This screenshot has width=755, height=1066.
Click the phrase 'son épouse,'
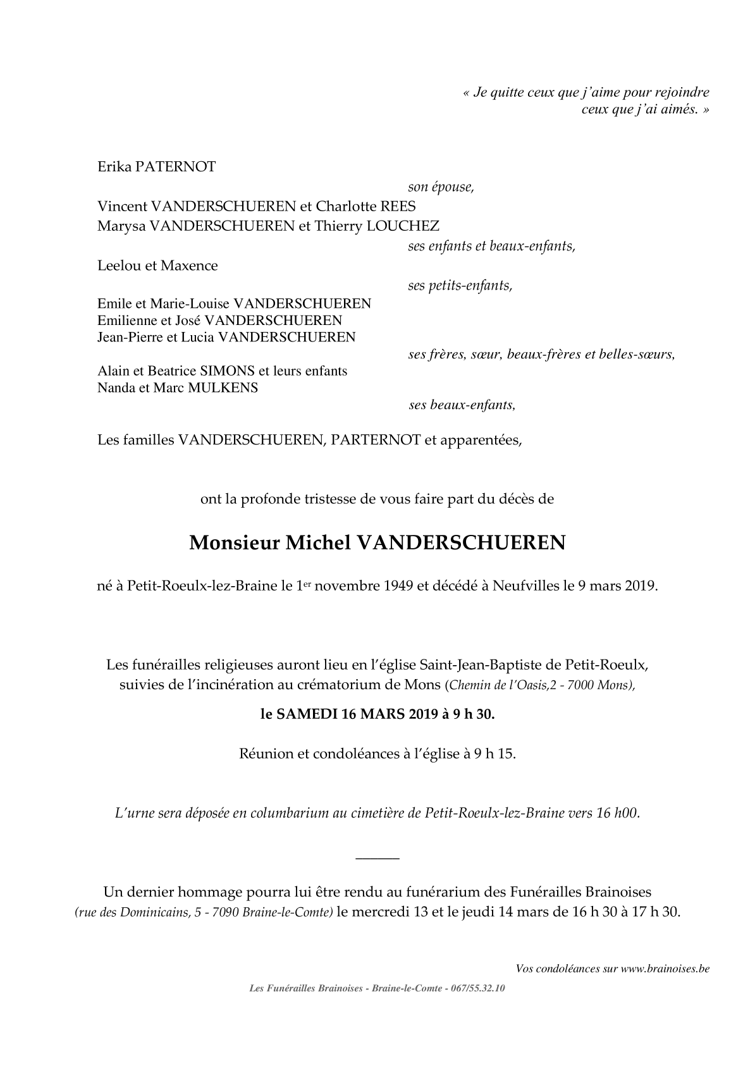pyautogui.click(x=441, y=187)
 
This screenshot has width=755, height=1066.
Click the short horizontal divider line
pyautogui.click(x=378, y=858)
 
